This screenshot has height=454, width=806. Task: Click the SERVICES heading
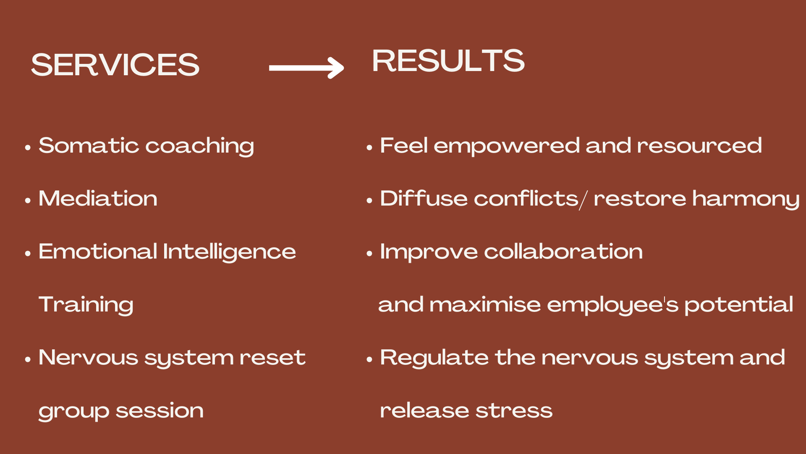point(115,65)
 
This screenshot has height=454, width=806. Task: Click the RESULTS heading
point(448,61)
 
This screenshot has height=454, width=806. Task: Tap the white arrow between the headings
point(306,68)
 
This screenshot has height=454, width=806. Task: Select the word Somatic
point(89,145)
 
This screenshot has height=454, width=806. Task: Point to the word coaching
point(200,146)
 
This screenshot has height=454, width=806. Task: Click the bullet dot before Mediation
point(28,200)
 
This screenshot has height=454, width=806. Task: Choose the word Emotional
point(98,251)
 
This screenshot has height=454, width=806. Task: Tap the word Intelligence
point(229,252)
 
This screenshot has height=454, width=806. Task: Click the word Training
point(86,305)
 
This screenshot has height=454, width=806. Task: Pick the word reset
point(272,358)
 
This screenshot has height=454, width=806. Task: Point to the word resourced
point(699,145)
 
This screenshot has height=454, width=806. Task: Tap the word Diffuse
point(424,198)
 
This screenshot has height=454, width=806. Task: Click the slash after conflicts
point(584,200)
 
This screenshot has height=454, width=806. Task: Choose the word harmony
point(746,199)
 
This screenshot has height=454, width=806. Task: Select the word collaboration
point(563,251)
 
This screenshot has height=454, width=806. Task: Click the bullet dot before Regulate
point(369,359)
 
